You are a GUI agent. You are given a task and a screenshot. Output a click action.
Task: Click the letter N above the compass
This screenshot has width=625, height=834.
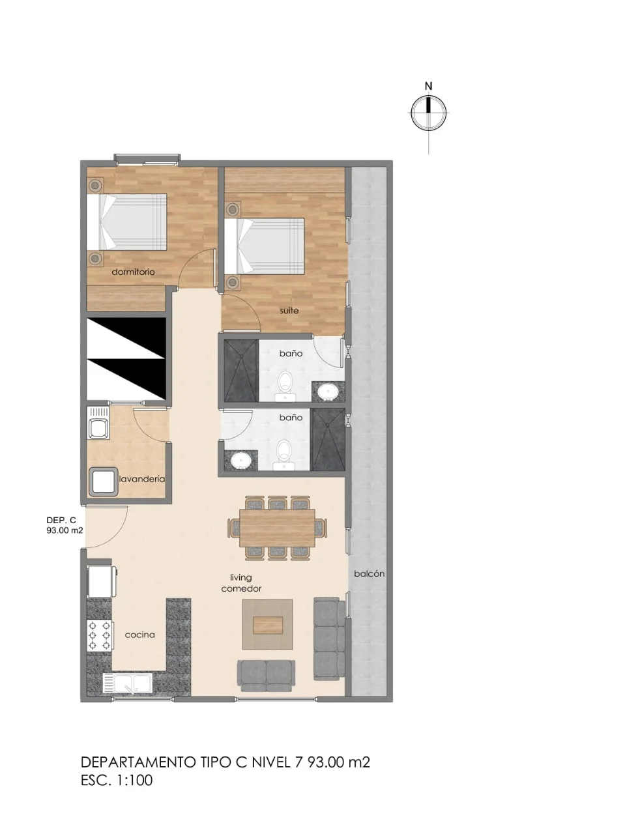428,86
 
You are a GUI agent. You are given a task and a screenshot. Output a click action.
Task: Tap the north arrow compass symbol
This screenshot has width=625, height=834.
429,113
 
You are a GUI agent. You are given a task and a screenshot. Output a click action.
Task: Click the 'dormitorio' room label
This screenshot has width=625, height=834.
133,272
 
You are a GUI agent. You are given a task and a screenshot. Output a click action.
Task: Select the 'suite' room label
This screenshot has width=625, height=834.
289,310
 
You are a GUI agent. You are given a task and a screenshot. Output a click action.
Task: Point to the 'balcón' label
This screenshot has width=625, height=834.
369,574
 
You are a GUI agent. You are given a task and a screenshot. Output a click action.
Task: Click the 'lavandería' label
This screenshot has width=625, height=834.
142,479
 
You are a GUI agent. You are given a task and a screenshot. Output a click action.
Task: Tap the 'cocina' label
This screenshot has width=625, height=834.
140,635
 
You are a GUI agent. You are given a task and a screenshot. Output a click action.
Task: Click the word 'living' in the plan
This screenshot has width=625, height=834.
241,578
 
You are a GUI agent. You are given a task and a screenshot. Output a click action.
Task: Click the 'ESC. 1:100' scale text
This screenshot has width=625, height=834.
117,780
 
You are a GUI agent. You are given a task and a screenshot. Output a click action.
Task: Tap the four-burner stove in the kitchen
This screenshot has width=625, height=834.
100,635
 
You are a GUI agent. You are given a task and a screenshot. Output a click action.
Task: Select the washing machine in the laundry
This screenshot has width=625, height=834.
103,482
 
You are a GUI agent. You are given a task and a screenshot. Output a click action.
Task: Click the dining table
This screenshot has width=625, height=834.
278,528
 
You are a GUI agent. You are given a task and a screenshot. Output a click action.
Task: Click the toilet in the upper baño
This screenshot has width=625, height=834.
285,386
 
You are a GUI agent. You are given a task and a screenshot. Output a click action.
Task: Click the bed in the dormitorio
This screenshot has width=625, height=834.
127,222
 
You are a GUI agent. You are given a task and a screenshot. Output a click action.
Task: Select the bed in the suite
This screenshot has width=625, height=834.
265,246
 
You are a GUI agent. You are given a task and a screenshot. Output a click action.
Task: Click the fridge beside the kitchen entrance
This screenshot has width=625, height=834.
101,581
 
